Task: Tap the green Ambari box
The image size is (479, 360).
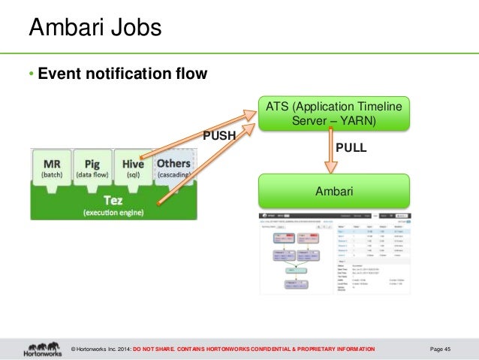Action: click(x=334, y=192)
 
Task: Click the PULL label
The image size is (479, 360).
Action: click(x=350, y=148)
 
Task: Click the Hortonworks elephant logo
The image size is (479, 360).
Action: click(x=43, y=349)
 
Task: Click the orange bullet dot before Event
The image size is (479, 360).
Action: click(x=32, y=75)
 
